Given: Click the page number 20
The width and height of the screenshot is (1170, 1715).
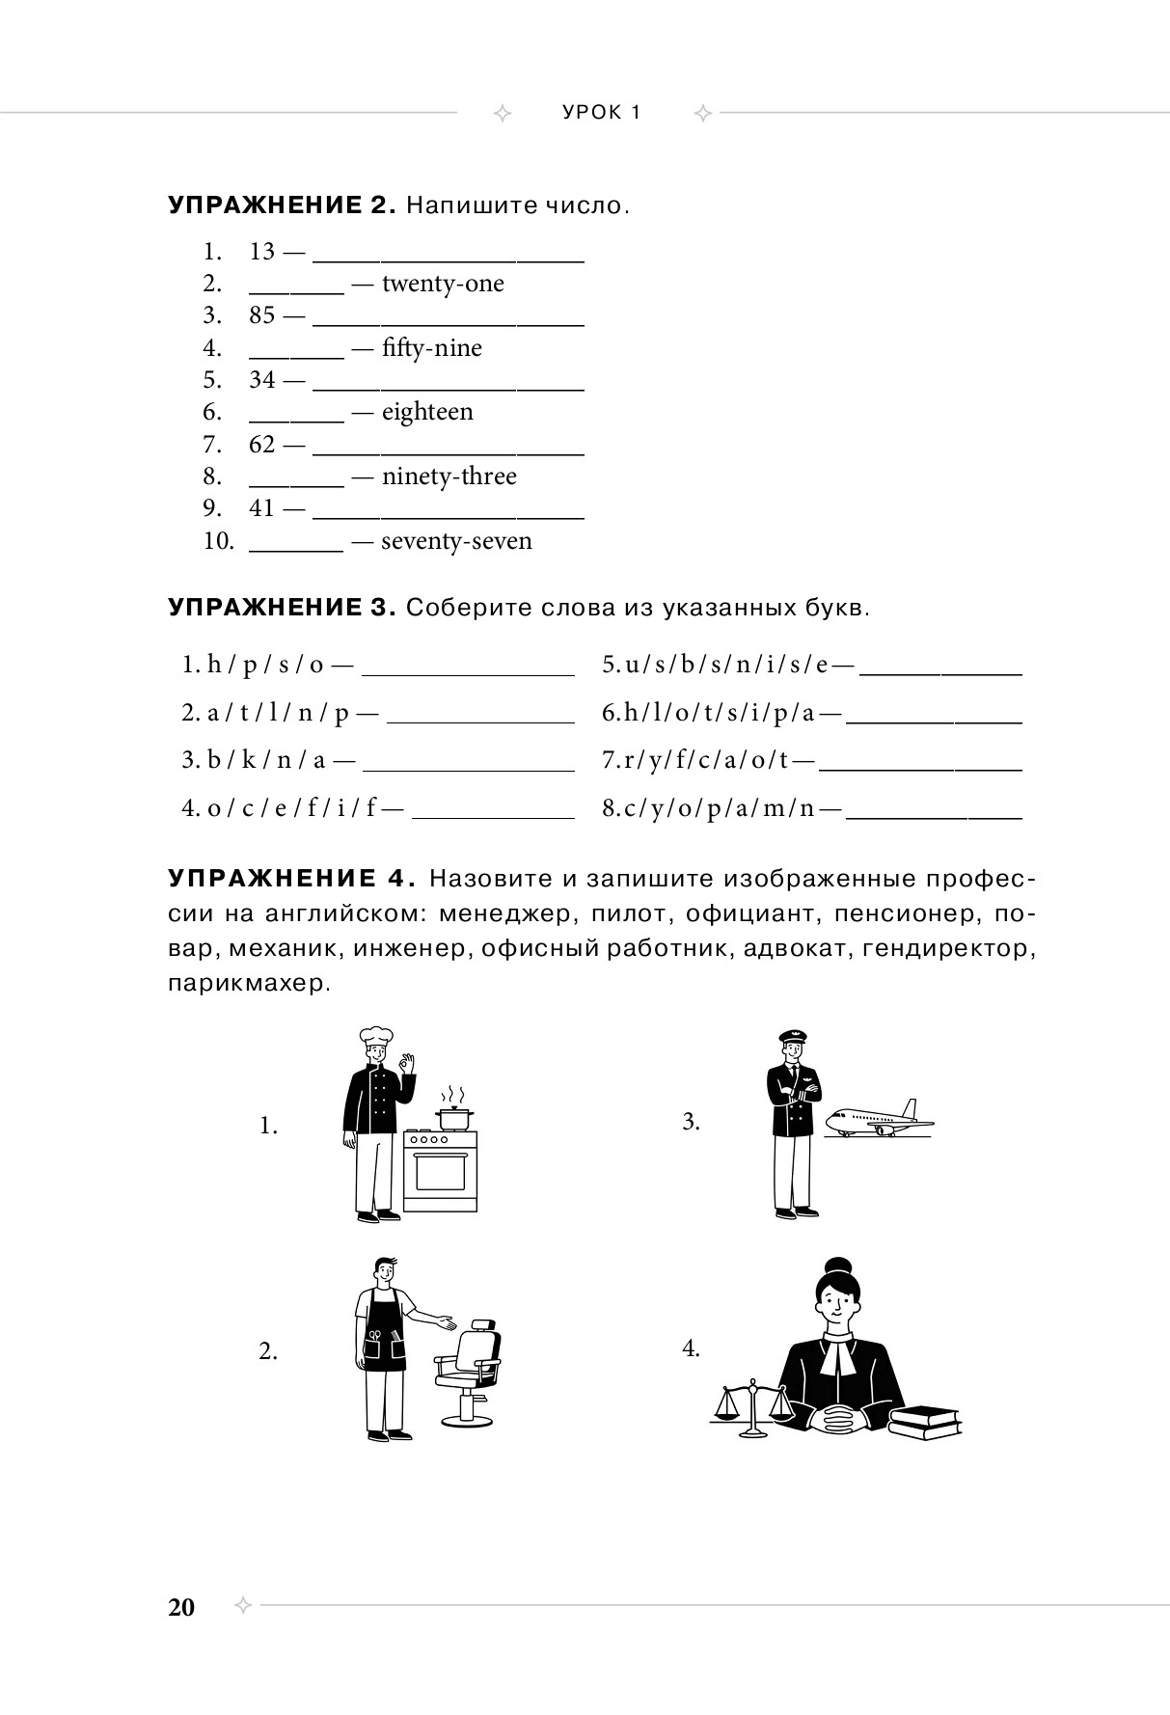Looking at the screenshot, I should [x=181, y=1607].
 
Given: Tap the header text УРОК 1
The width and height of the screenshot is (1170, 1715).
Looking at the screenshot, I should [x=602, y=113].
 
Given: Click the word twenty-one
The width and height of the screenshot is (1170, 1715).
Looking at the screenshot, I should [x=443, y=284].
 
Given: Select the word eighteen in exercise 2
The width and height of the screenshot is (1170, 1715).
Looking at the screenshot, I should [x=427, y=412].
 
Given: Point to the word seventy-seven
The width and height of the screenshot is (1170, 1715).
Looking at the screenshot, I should [x=456, y=541].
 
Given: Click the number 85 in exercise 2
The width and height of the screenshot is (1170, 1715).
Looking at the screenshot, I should [x=262, y=315].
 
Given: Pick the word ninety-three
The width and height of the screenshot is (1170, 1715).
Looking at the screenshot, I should [x=449, y=476].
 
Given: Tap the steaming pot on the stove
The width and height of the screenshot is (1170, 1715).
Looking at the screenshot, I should [x=453, y=1117].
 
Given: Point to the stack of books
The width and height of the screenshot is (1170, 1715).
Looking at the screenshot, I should [x=924, y=1421].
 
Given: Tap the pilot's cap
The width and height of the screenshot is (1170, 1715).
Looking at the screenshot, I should [x=793, y=1039].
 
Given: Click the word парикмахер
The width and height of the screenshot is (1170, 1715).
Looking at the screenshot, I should [x=246, y=984].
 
